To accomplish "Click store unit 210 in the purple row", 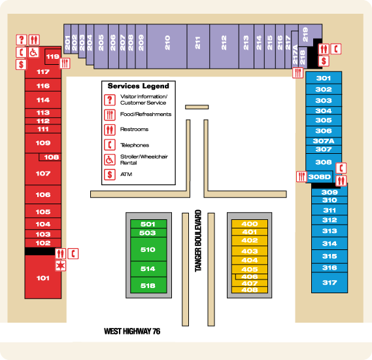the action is pos(167,46).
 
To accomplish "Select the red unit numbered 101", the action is pos(43,278).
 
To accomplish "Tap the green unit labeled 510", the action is pos(148,249).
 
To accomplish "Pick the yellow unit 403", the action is pos(250,251).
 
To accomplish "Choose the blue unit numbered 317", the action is pos(330,283).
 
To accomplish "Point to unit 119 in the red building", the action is pos(52,57).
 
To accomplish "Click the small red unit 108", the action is pos(50,157).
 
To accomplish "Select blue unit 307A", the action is pos(324,141).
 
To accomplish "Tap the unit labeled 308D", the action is pos(319,177).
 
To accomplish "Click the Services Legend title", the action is pos(139,86).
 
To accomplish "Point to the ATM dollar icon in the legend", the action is pos(110,175).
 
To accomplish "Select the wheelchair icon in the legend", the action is pos(110,160).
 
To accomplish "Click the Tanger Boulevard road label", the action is pos(198,241).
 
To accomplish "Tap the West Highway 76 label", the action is pos(132,331).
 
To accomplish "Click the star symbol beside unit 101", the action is pos(61,266).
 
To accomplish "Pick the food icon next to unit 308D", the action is pos(301,177).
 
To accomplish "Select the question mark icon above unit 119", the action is pos(22,40).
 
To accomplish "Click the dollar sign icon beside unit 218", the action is pos(324,61).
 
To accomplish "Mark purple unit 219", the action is pos(306,35).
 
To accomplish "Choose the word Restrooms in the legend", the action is pos(134,130).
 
